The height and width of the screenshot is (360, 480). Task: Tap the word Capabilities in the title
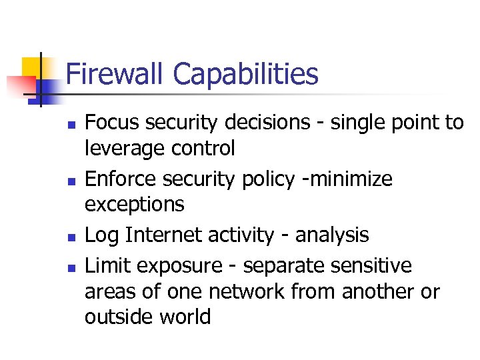(x=245, y=75)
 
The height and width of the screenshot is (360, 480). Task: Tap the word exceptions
(x=134, y=205)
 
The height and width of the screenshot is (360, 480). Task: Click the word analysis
(x=332, y=235)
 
